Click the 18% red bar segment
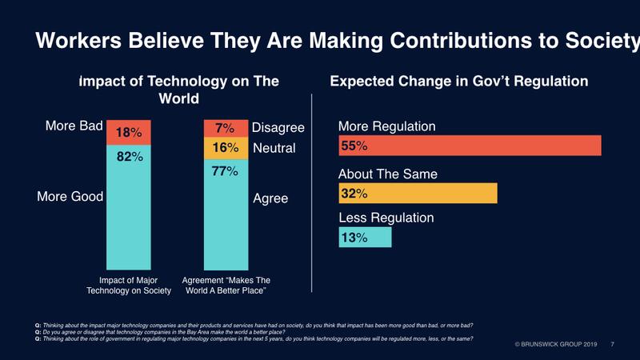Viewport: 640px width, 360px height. pos(130,132)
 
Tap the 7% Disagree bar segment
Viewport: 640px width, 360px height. pos(226,128)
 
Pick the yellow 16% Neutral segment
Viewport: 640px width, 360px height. pos(226,148)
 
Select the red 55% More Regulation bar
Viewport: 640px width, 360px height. pos(470,146)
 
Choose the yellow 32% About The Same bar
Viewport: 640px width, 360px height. pos(418,193)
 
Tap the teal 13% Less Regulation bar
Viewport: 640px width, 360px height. pos(365,238)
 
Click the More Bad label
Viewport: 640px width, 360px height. pos(70,125)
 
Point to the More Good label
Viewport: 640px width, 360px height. pos(70,198)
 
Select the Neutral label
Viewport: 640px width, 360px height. pos(274,148)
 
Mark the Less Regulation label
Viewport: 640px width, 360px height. pos(386,218)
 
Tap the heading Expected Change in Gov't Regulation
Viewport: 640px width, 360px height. pos(459,82)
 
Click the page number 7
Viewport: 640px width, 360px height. pos(612,344)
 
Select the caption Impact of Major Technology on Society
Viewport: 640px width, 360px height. pos(130,285)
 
